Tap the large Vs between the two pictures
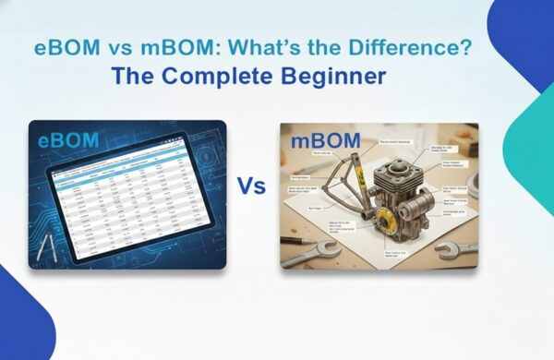pos(251,186)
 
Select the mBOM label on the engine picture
pos(322,143)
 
